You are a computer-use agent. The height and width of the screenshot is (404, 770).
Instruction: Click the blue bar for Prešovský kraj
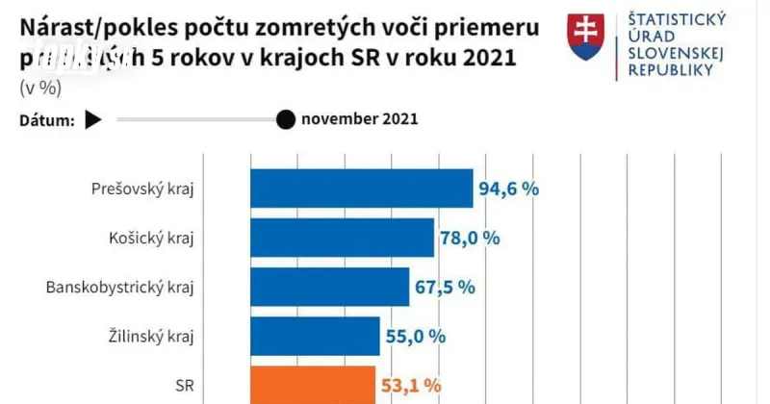(362, 188)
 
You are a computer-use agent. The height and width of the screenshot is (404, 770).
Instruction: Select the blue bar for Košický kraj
(342, 238)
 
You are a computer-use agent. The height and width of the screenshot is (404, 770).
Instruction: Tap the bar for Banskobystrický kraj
(329, 287)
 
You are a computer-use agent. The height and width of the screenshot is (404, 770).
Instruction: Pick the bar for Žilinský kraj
(315, 336)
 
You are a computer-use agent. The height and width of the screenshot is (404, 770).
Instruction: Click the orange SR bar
(312, 385)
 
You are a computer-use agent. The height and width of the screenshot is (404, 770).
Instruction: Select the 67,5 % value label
(446, 287)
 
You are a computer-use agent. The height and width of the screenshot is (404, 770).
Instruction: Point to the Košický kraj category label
(158, 238)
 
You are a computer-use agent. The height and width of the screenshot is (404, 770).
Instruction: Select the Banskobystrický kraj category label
(120, 287)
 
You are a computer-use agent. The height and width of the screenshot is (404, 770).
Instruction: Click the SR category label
(185, 385)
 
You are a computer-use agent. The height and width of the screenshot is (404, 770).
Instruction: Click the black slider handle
(285, 119)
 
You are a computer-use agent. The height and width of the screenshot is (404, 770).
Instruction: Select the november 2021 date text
(359, 119)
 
